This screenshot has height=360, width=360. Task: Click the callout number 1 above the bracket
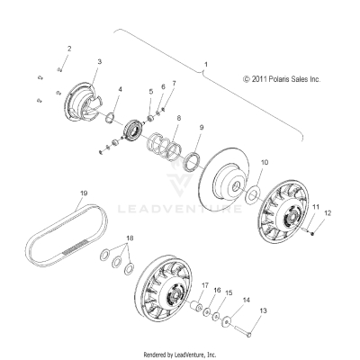point(206,66)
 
